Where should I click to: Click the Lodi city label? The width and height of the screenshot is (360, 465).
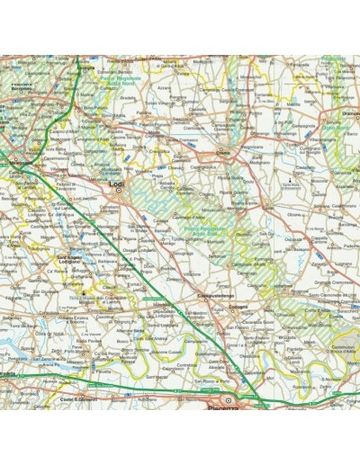coord(114,183)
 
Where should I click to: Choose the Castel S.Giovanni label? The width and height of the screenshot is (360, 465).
coord(77,398)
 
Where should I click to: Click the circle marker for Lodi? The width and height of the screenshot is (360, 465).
coord(117,190)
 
